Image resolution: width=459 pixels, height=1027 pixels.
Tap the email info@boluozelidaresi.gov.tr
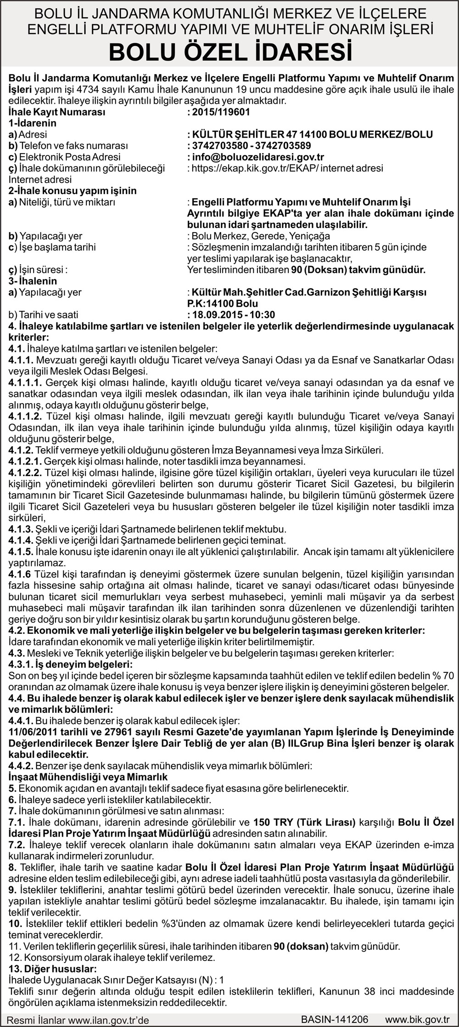click(x=258, y=157)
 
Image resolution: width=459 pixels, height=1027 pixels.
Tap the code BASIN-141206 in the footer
click(x=335, y=1019)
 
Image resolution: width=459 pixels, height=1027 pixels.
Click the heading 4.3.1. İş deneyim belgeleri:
click(x=71, y=665)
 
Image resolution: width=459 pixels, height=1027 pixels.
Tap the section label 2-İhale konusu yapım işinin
click(x=73, y=191)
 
